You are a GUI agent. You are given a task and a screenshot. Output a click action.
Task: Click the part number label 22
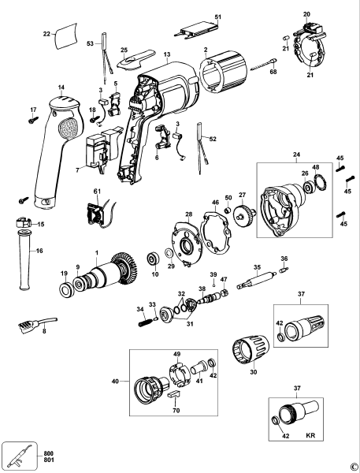(x=46, y=34)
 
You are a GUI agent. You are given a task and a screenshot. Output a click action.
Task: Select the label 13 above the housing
(x=167, y=54)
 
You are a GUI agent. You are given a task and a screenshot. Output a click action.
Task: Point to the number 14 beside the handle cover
(x=61, y=88)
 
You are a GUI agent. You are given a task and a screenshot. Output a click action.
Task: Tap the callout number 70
(x=175, y=411)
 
